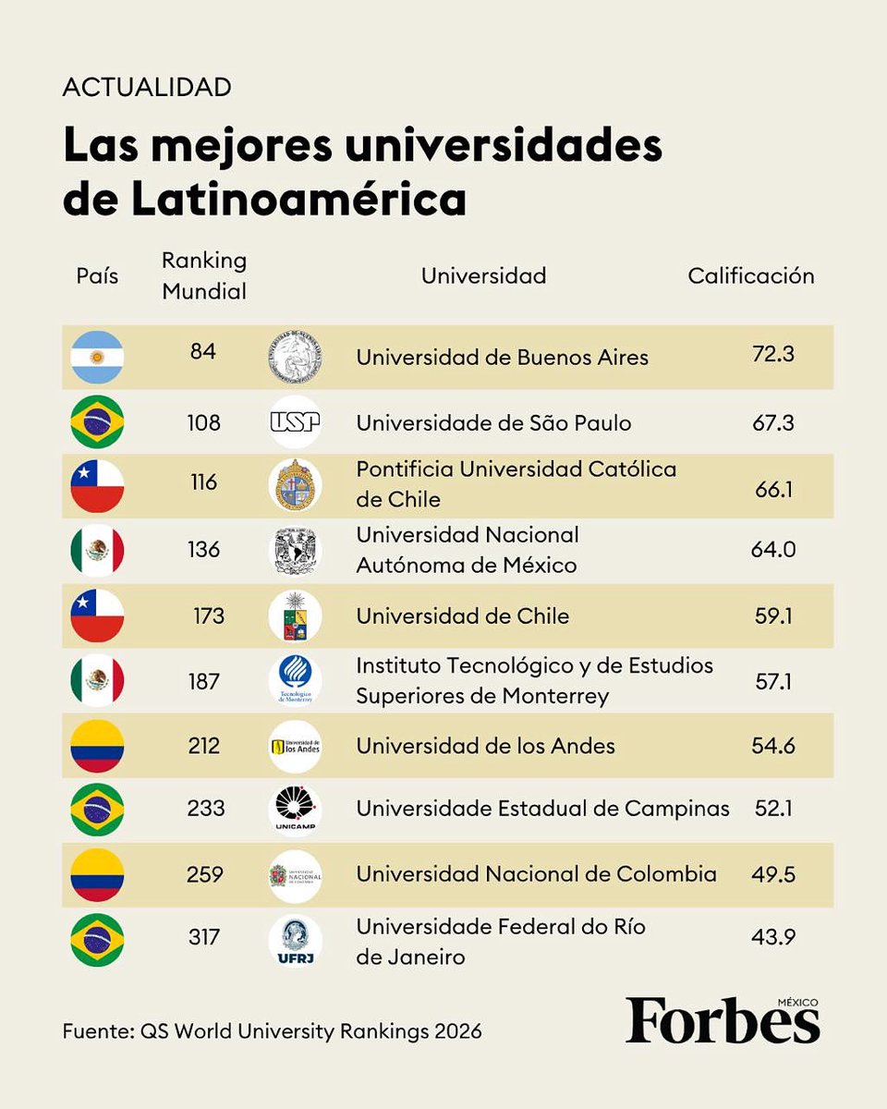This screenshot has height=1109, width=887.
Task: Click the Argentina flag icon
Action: (97, 357)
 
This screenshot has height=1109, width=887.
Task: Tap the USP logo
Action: (295, 422)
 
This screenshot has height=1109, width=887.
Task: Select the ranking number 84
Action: (202, 352)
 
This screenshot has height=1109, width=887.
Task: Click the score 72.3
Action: (773, 356)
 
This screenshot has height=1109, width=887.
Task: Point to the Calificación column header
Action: (750, 275)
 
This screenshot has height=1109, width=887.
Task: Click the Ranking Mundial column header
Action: (204, 275)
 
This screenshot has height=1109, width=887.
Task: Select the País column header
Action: (97, 275)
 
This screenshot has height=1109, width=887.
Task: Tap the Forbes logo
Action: (723, 1021)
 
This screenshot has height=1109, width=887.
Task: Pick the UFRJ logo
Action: (295, 940)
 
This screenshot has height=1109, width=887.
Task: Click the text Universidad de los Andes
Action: (485, 745)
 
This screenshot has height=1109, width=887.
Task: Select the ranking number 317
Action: (203, 937)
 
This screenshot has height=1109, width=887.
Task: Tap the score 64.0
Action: (773, 550)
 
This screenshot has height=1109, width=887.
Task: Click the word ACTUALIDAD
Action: (147, 88)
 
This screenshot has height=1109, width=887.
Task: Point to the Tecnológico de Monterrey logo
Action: (295, 681)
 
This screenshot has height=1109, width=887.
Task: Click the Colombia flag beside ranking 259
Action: (97, 875)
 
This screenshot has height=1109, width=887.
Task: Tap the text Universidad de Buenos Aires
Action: (502, 357)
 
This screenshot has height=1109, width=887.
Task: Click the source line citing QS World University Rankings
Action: (273, 1030)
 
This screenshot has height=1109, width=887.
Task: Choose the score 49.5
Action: (773, 873)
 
